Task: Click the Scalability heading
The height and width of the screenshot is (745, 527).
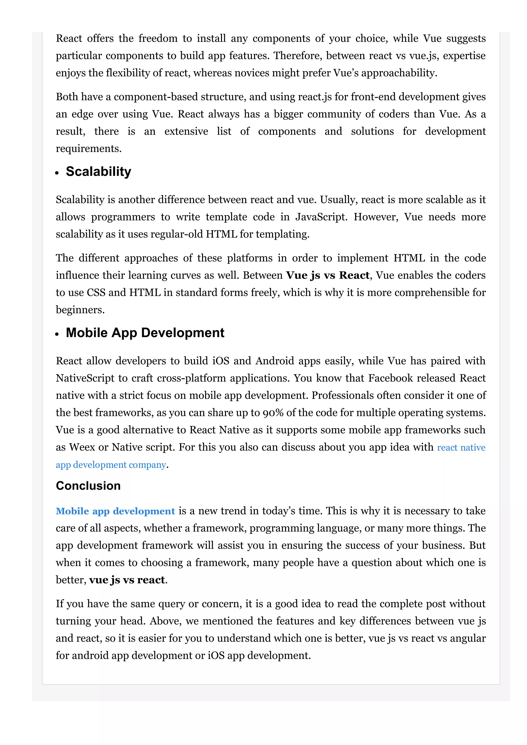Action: click(98, 172)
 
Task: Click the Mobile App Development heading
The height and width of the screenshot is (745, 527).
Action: click(145, 333)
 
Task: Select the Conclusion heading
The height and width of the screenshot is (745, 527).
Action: click(88, 486)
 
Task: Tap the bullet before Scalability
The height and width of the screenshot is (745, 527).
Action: click(57, 173)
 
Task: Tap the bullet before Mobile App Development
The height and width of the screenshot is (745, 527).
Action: click(57, 334)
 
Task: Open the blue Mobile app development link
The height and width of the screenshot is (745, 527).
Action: click(115, 511)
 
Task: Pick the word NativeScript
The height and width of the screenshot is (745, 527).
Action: click(85, 378)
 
